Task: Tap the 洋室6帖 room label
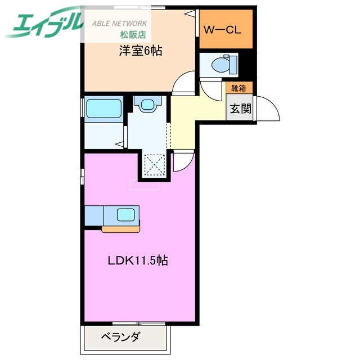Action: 140,51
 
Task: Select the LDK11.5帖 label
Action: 138,261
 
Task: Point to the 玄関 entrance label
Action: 239,108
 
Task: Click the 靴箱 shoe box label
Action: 238,88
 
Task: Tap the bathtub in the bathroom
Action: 103,108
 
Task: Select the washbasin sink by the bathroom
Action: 148,105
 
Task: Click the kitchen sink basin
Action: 125,214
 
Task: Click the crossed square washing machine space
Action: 153,166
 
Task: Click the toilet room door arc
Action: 209,89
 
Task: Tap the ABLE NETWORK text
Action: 120,23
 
